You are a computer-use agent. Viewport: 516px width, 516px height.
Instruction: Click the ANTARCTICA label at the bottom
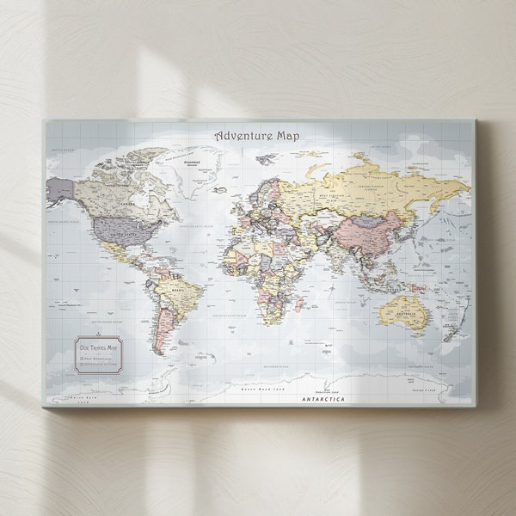323,399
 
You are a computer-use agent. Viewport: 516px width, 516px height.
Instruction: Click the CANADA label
129,204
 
